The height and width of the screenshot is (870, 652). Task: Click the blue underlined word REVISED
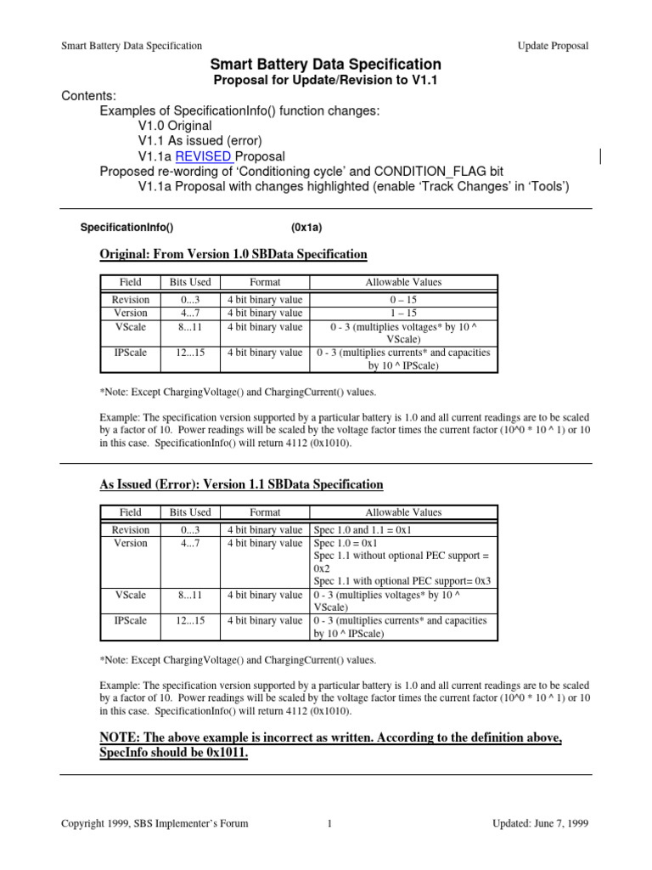(204, 156)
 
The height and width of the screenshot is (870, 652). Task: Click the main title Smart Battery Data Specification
(325, 65)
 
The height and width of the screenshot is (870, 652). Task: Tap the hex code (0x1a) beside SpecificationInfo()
(306, 228)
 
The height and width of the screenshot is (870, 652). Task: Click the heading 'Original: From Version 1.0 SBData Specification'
(233, 254)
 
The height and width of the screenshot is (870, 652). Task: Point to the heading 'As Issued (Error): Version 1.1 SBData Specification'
(241, 484)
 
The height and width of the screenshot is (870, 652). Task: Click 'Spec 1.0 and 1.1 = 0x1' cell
(363, 530)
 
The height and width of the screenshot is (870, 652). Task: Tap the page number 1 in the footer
(328, 823)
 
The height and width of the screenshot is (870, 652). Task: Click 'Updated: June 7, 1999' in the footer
(541, 823)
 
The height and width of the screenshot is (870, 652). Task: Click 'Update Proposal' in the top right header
(553, 46)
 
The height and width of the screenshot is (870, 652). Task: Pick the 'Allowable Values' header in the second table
(403, 512)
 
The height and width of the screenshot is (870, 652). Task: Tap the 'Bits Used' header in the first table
(189, 282)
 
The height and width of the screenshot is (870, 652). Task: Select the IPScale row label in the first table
(131, 353)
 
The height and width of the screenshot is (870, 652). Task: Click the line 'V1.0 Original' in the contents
(175, 126)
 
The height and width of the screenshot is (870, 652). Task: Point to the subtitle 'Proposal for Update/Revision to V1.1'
(325, 80)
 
